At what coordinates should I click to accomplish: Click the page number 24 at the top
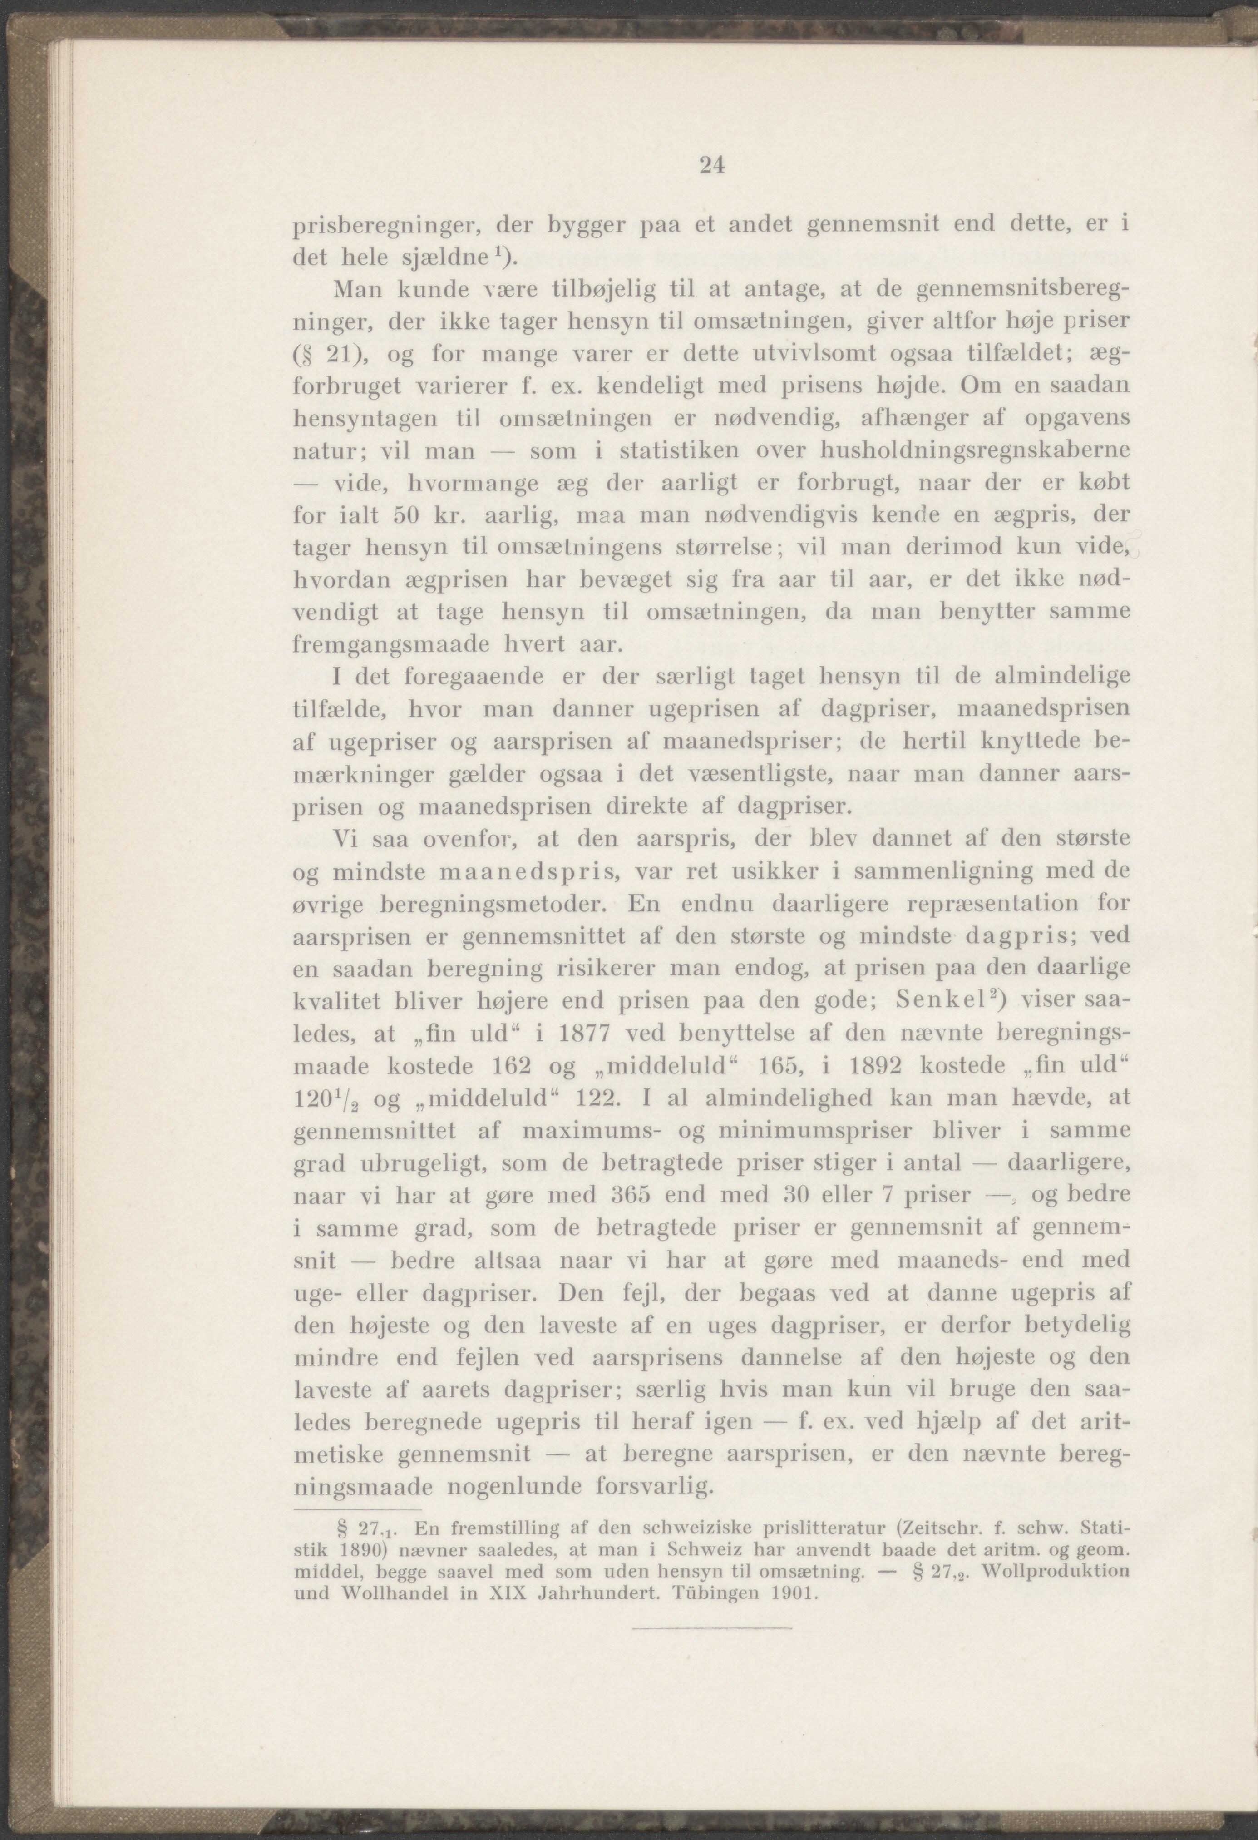click(x=712, y=166)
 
